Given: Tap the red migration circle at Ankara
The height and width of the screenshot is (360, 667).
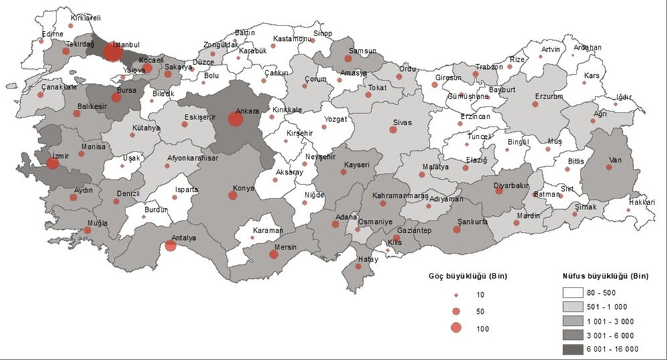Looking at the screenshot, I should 235,119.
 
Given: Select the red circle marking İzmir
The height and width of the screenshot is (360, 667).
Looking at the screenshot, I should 52,163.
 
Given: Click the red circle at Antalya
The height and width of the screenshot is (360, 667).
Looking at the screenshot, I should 170,245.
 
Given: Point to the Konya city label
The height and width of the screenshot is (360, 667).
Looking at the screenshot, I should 243,188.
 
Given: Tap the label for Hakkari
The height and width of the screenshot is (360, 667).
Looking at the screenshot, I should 642,201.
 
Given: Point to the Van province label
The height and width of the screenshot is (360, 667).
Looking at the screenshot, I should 615,160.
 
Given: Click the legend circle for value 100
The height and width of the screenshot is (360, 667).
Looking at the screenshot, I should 457,328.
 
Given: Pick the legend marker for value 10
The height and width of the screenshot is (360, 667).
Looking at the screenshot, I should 457,295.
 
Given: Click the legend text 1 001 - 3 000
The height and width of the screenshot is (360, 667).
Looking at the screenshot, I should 615,320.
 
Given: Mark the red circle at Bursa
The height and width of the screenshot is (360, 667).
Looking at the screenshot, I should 117,97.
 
